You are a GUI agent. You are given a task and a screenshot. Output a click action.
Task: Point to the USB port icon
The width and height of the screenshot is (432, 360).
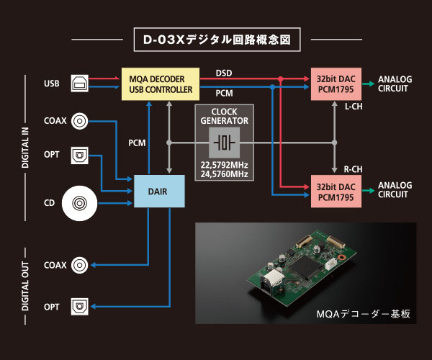[80, 84]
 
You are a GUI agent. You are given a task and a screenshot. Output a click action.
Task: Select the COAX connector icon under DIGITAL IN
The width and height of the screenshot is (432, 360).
[80, 121]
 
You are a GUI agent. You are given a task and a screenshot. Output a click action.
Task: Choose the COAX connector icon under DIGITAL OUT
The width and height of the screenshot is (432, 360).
[80, 265]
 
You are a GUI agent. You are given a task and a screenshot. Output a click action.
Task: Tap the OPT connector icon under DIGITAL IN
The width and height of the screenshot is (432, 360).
[80, 155]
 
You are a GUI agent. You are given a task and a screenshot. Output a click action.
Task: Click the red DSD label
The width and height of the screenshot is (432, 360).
[224, 73]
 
